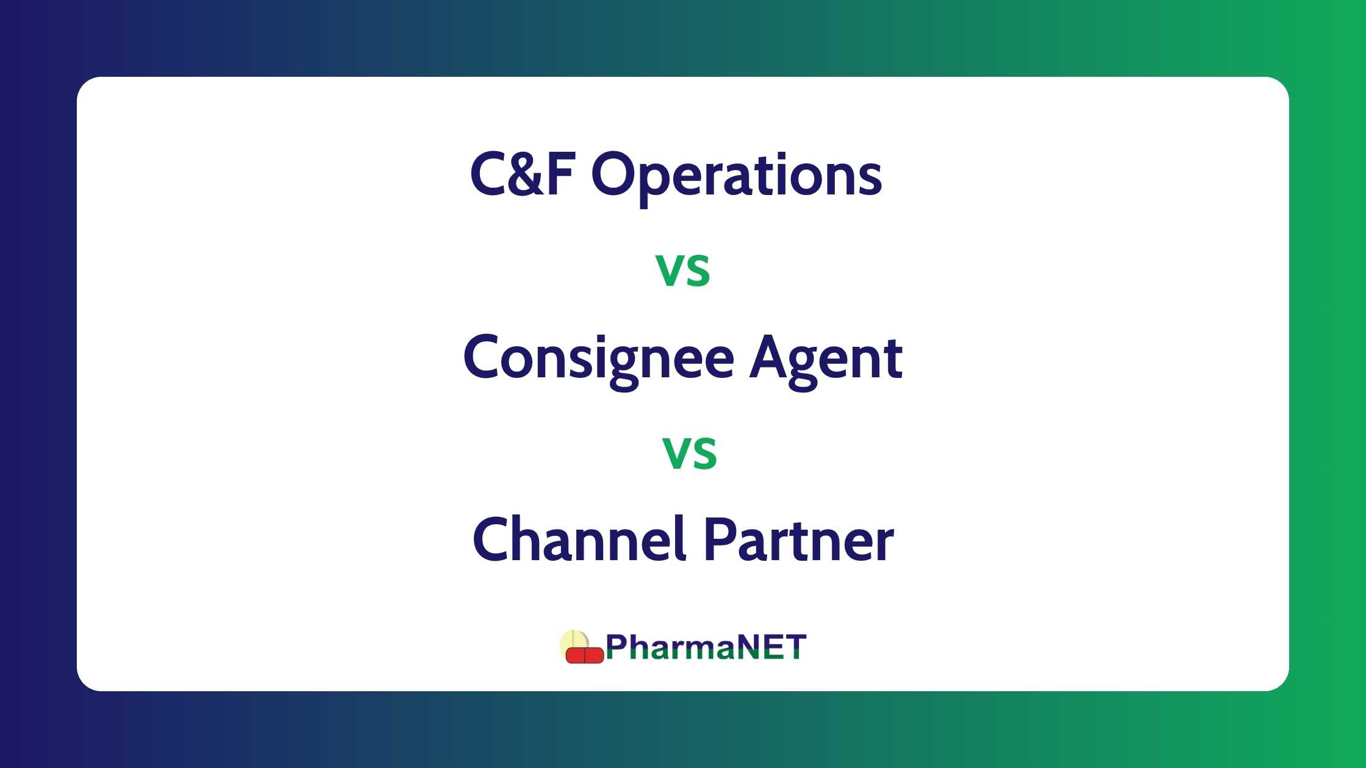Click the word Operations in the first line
click(x=736, y=177)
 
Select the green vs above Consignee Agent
click(x=683, y=270)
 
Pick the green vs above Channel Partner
click(x=690, y=453)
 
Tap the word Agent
click(x=826, y=360)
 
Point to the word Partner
click(x=799, y=540)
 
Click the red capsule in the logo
click(x=584, y=655)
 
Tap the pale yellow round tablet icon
click(x=574, y=643)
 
